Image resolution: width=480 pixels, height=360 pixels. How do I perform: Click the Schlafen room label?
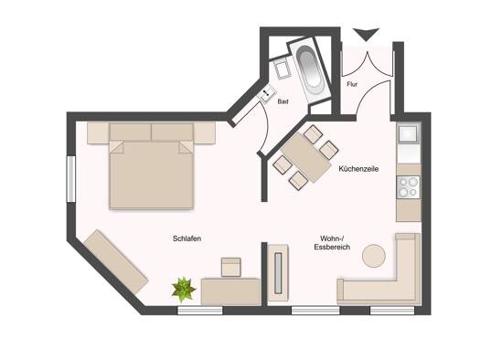(187, 238)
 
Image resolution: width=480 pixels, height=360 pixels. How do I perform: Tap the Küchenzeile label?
(358, 168)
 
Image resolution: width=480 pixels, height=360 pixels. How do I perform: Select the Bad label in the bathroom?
(283, 101)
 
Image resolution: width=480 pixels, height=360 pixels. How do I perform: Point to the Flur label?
(352, 84)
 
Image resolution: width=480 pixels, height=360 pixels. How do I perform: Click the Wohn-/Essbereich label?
(332, 242)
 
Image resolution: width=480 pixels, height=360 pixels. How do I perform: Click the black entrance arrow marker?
(366, 34)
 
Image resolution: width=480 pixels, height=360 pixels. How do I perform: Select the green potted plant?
(184, 290)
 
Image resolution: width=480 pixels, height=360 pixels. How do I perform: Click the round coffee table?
(374, 256)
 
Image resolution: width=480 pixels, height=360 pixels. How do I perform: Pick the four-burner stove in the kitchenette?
(409, 187)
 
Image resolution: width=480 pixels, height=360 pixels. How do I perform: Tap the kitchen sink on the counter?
(408, 134)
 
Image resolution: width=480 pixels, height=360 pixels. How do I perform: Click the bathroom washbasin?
(267, 94)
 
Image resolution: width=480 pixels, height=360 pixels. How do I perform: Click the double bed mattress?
(152, 175)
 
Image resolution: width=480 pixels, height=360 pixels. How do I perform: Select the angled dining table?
(306, 157)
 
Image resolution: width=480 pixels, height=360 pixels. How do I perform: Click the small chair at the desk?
(231, 267)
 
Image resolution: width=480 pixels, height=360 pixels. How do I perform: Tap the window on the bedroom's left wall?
(71, 179)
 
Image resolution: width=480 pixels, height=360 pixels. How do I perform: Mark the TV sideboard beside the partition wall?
(278, 273)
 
